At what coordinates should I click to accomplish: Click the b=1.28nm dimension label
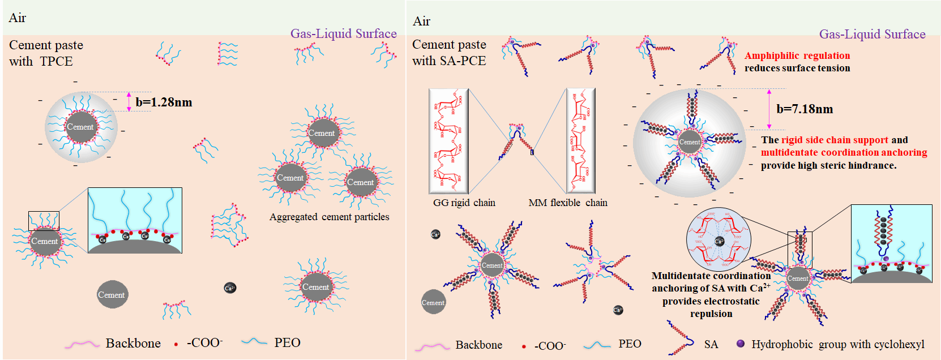click(x=164, y=102)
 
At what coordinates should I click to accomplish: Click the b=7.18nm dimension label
click(x=805, y=109)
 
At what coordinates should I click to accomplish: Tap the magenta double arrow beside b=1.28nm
click(x=129, y=101)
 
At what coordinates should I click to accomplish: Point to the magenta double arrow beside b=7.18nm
click(x=769, y=109)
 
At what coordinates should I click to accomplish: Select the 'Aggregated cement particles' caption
click(x=329, y=217)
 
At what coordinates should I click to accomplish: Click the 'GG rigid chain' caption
click(x=464, y=203)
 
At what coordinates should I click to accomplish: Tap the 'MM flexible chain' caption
click(x=567, y=203)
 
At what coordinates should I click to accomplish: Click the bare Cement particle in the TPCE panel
click(x=112, y=295)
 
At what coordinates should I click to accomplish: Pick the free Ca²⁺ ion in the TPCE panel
click(x=230, y=288)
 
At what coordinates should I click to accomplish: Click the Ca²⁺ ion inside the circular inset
click(x=719, y=241)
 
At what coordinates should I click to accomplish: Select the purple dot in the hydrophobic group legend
click(x=740, y=344)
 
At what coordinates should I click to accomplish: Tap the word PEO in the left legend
click(x=287, y=342)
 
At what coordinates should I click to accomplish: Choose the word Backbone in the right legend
click(x=478, y=345)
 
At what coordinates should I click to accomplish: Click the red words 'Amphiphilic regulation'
click(x=797, y=55)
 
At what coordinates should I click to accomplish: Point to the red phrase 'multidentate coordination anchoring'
click(x=844, y=152)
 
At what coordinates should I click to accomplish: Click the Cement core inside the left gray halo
click(x=80, y=127)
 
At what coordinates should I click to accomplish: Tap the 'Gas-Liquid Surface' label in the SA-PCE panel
click(x=872, y=34)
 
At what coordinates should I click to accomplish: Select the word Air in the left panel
click(x=18, y=18)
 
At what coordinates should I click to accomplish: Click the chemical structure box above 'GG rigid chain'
click(x=448, y=141)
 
